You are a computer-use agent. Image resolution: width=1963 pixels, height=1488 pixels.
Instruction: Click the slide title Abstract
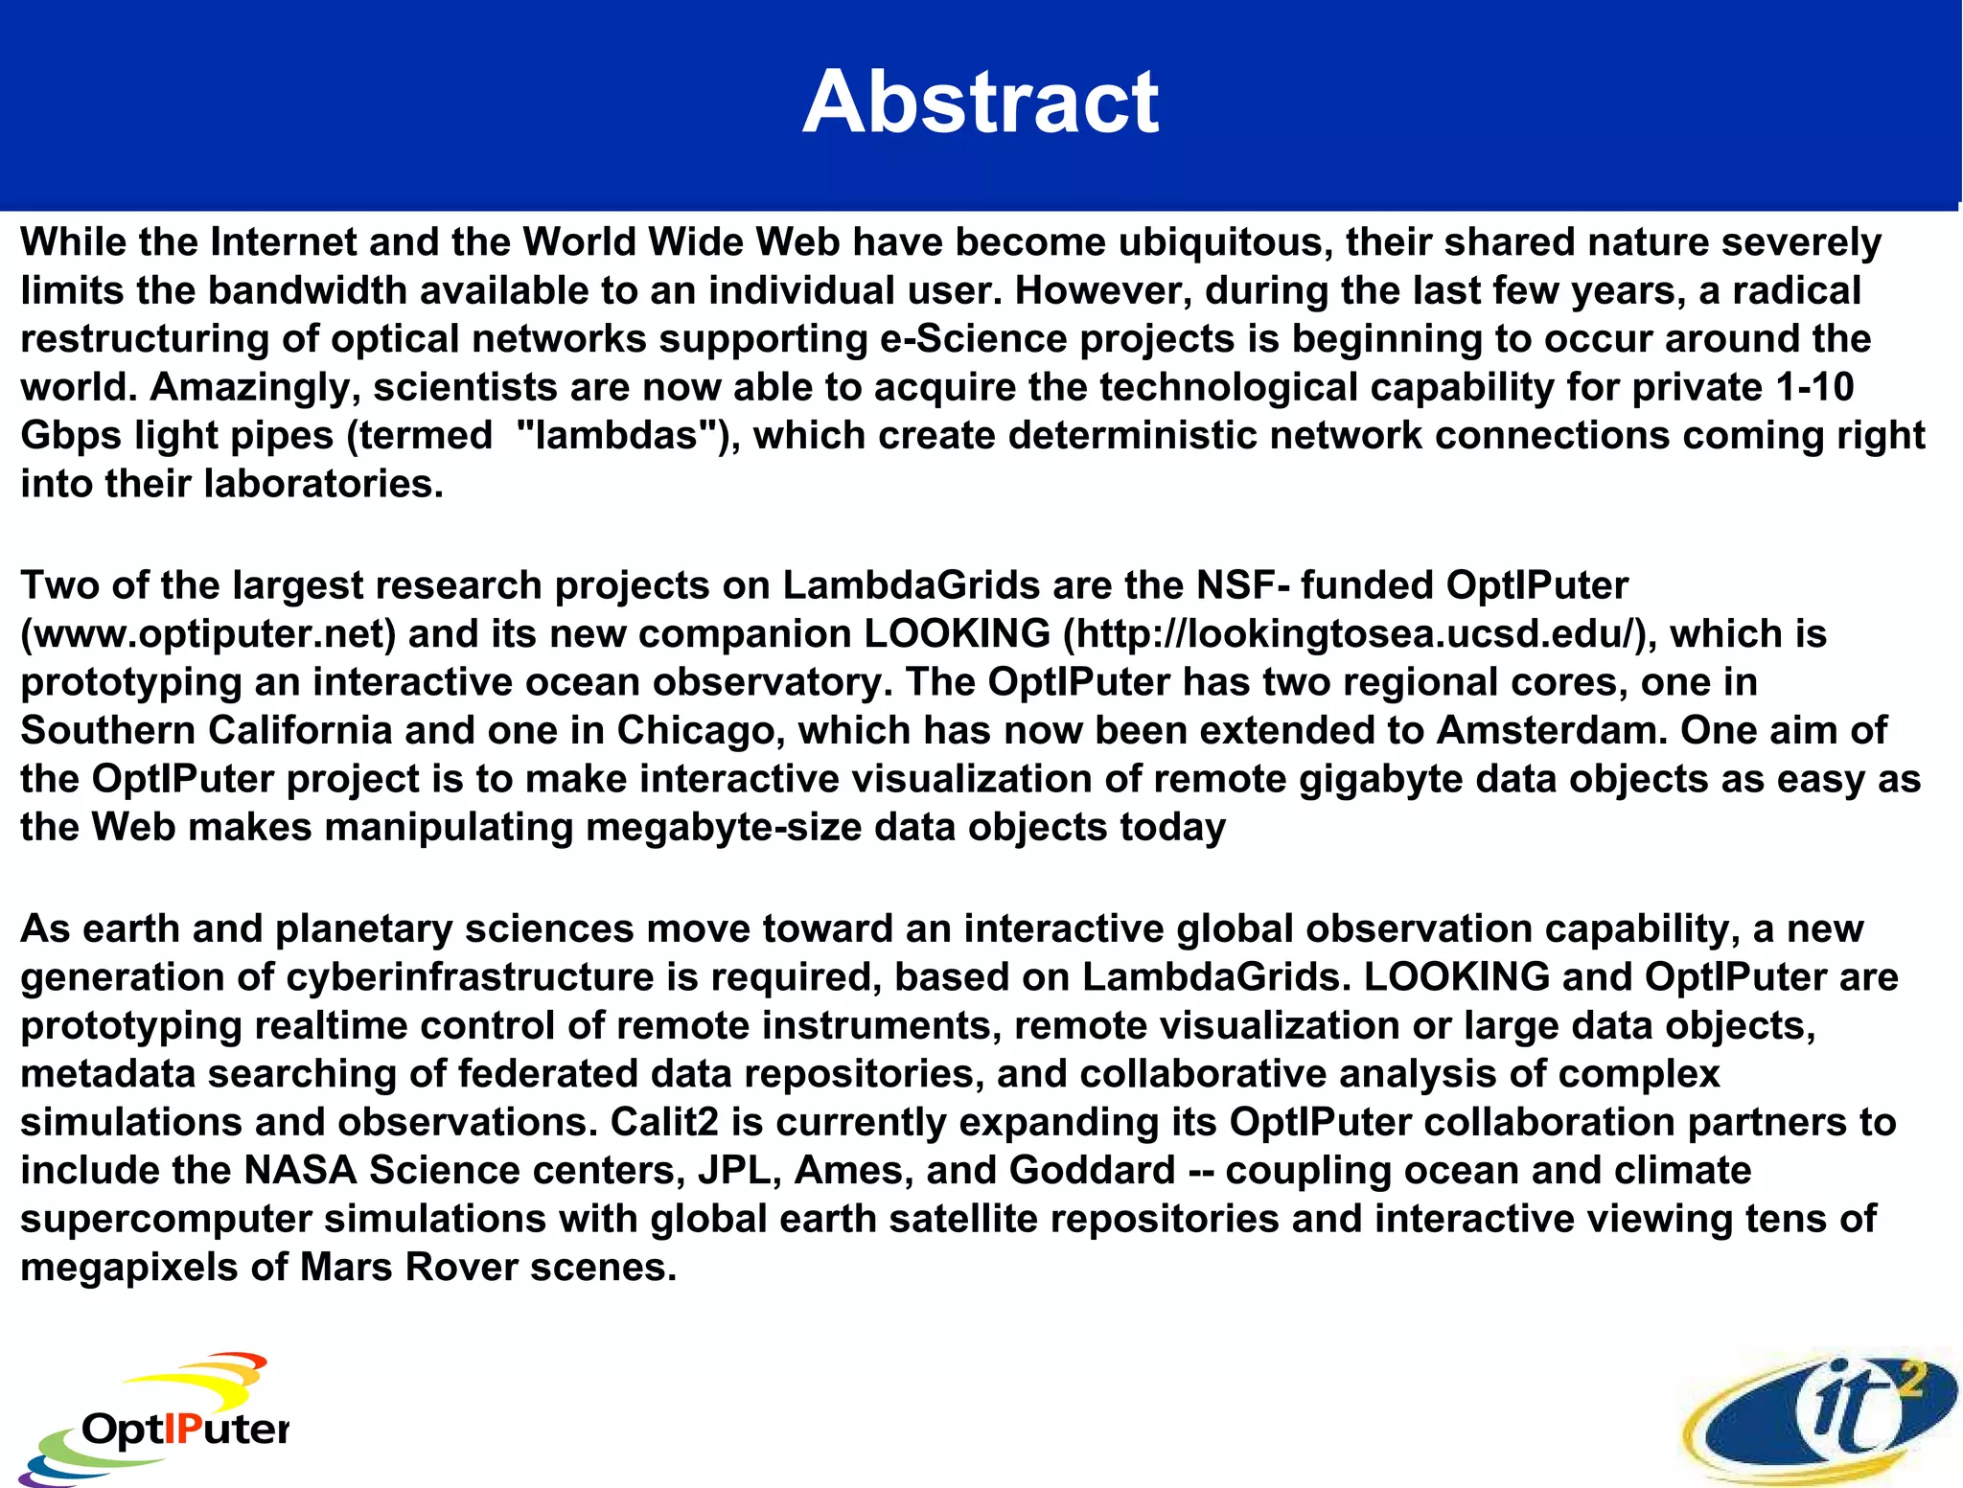(x=981, y=103)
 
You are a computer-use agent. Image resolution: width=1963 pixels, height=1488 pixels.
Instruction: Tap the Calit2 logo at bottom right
(x=1821, y=1418)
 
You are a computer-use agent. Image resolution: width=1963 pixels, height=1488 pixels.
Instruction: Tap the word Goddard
(x=1092, y=1171)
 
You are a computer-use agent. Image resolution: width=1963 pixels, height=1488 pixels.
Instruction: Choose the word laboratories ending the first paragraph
(x=324, y=485)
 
